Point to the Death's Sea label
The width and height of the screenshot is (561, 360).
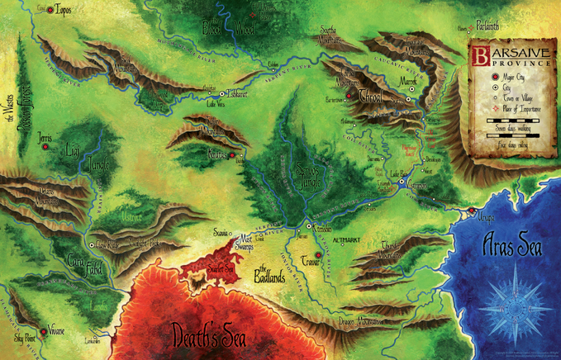tap(208, 334)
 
